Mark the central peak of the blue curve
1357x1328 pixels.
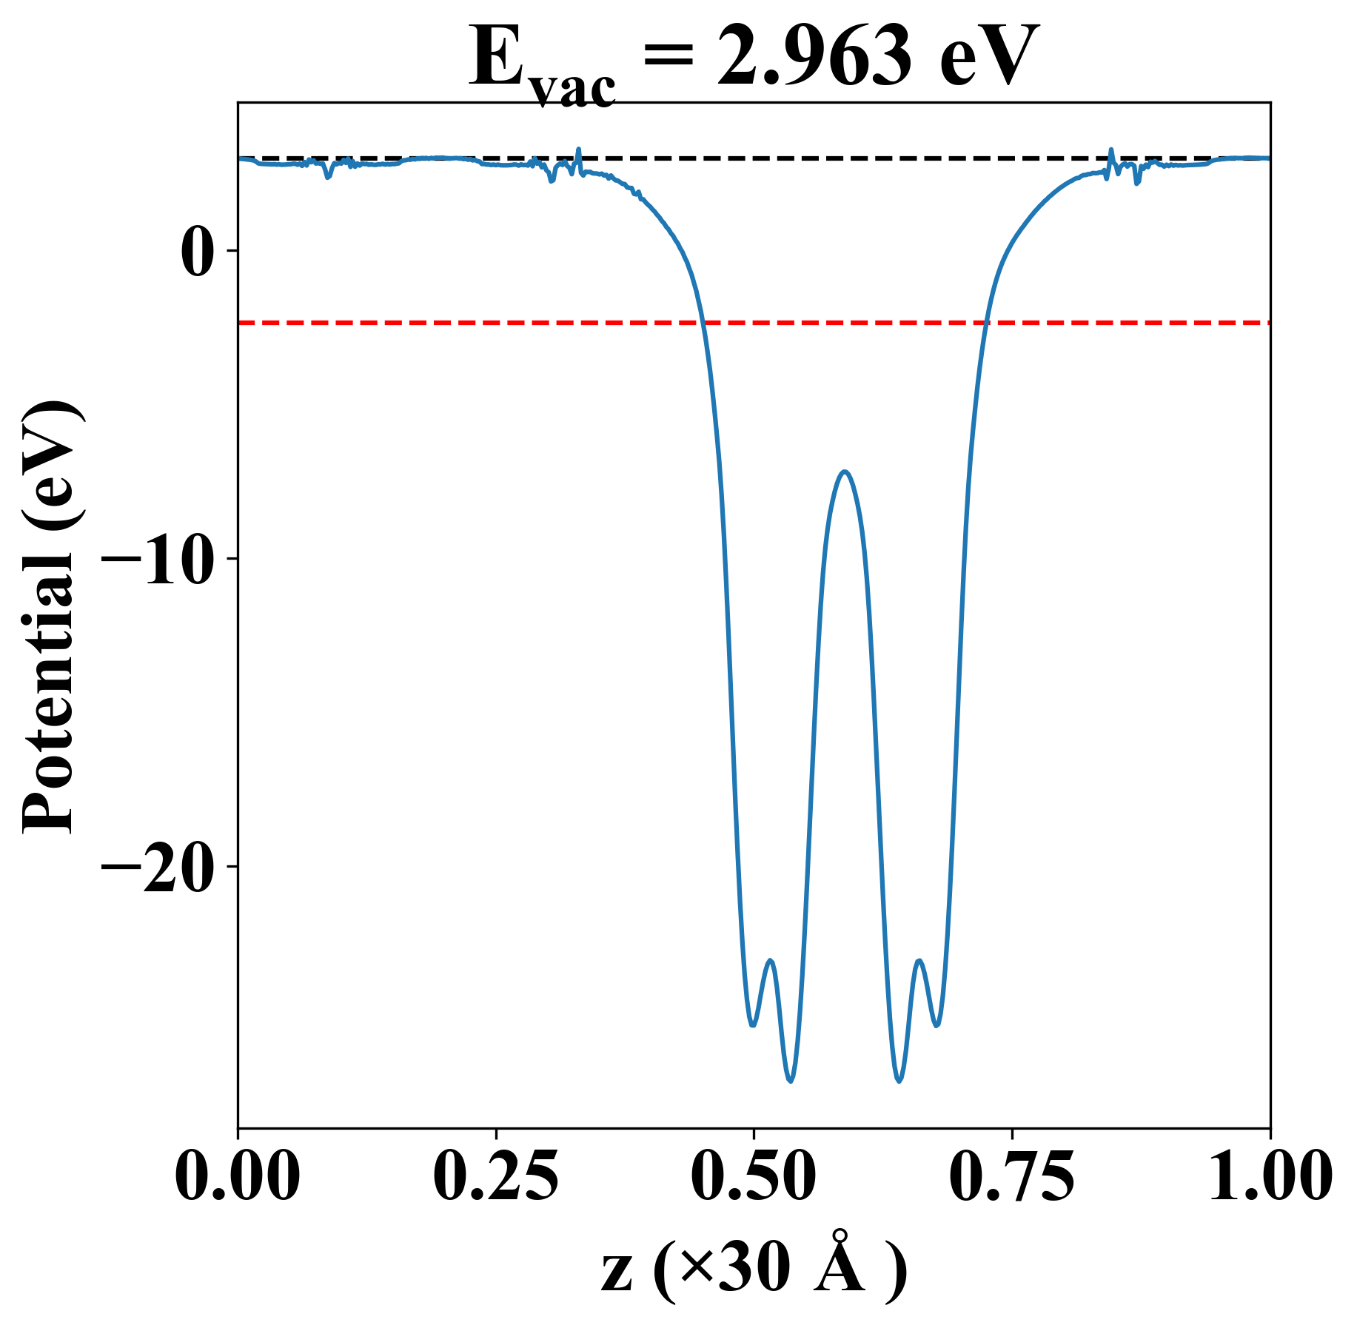(x=845, y=472)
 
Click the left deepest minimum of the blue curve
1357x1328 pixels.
(x=791, y=1081)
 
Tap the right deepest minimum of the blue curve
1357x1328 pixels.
(x=899, y=1081)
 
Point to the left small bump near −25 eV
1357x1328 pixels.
(x=771, y=960)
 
